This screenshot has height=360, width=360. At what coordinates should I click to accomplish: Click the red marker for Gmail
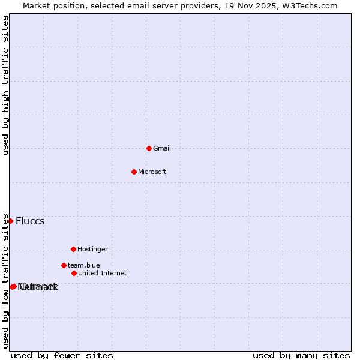coord(149,148)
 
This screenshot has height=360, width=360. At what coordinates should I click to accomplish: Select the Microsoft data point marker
coord(134,172)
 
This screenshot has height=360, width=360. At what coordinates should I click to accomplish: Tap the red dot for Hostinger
coord(73,249)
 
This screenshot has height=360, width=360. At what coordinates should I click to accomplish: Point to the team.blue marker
coord(64,265)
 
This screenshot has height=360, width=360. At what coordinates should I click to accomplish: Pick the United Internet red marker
coord(74,273)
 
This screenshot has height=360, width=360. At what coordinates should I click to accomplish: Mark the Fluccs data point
coord(10,221)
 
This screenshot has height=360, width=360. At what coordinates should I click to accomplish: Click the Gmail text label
coord(162,148)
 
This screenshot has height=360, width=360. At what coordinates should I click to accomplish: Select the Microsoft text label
coord(152,172)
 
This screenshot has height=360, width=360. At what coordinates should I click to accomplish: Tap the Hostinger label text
coord(92,249)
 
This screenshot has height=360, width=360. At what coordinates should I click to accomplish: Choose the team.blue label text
coord(84,265)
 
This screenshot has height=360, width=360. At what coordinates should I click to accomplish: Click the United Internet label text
coord(103,273)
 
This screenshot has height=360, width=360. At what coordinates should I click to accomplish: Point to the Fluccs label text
coord(30,221)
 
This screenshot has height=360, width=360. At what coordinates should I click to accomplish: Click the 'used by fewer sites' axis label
coord(62,355)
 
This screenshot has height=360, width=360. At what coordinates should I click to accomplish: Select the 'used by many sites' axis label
coord(301,355)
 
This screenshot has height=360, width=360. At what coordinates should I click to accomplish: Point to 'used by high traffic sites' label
coord(5,85)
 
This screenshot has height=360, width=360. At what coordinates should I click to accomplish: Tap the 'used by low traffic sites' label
coord(5,281)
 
